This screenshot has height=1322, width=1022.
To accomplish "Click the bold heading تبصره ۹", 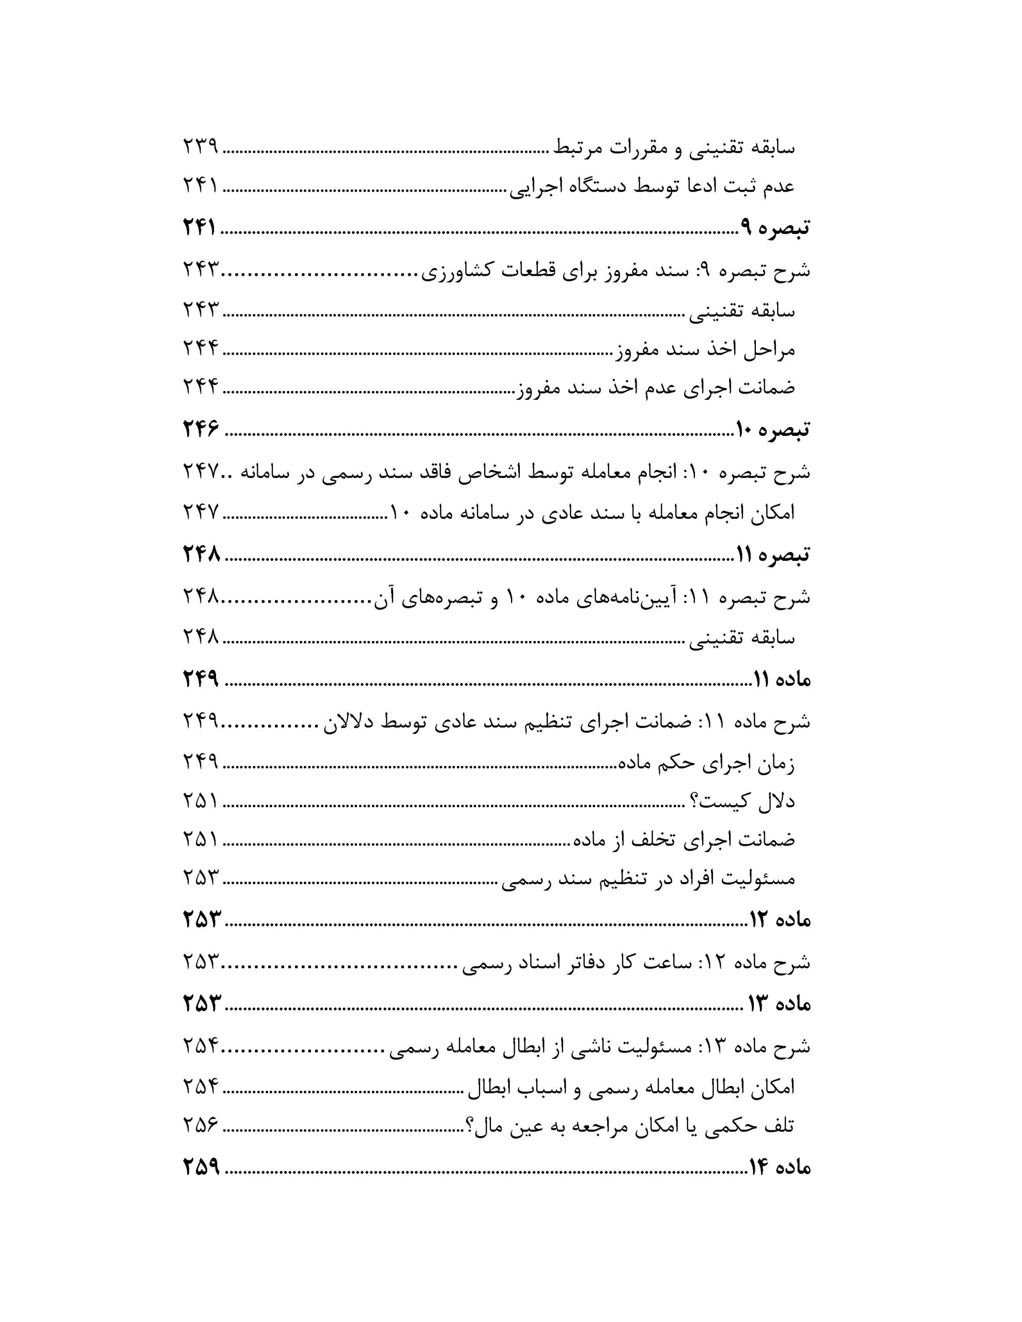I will pyautogui.click(x=774, y=228).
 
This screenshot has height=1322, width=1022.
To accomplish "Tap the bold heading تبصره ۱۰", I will pyautogui.click(x=772, y=429).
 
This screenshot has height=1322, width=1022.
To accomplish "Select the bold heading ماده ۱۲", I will pyautogui.click(x=779, y=920).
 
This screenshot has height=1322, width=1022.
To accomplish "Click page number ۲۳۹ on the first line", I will pyautogui.click(x=200, y=147).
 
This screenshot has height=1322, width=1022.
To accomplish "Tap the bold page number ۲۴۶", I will pyautogui.click(x=200, y=429).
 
